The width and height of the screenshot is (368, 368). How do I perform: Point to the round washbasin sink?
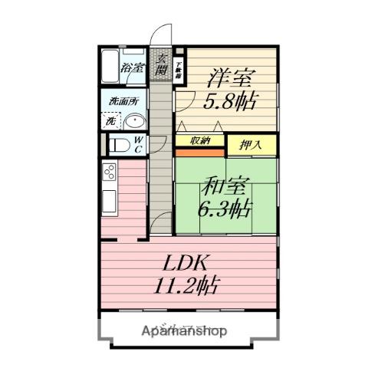coord(136,121)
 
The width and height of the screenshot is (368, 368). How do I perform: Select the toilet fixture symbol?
coord(120,144)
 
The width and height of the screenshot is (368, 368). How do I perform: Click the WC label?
coord(139,144)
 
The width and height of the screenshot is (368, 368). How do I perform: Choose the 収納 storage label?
coord(200,140)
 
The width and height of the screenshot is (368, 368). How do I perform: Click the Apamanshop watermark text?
coord(184,331)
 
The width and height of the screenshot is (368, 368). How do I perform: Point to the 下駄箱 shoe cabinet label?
coord(178,70)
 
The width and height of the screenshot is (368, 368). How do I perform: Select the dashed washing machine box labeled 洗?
coord(111,120)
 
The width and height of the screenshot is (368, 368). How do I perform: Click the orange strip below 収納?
coord(200,150)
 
